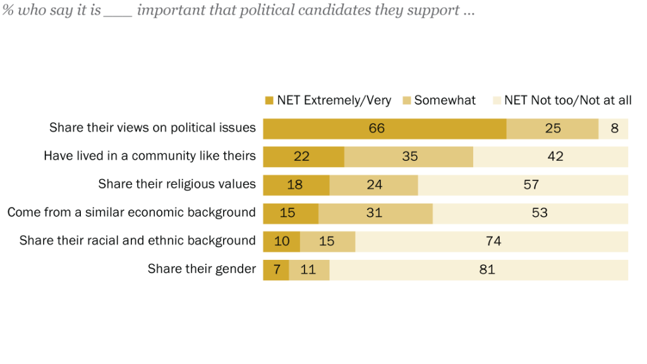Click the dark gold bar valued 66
[x=384, y=129]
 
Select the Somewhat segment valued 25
[x=552, y=129]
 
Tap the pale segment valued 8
[x=614, y=129]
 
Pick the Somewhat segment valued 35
[x=409, y=156]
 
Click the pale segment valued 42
[x=550, y=156]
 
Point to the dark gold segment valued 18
[x=296, y=185]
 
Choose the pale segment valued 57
[x=523, y=185]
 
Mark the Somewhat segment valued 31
[x=375, y=213]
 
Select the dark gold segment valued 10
[x=281, y=241]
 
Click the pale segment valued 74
[x=492, y=241]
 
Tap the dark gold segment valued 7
[x=276, y=269]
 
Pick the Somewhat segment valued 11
[x=309, y=269]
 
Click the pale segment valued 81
[x=478, y=269]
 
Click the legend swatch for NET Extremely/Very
[x=269, y=101]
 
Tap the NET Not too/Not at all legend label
[x=567, y=100]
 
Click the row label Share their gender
[x=202, y=269]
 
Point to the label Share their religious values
[x=177, y=185]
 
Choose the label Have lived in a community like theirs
[x=150, y=156]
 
